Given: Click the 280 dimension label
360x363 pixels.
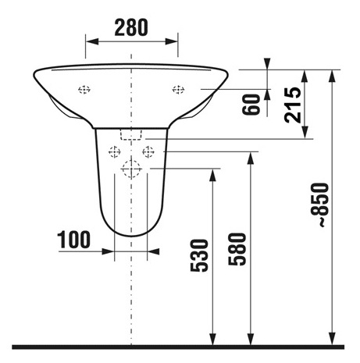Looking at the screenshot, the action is tap(131, 27).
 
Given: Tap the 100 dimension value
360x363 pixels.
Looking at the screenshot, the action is tap(73, 240).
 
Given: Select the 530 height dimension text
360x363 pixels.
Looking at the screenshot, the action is tap(199, 255).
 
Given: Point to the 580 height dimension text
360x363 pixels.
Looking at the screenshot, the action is tap(237, 249).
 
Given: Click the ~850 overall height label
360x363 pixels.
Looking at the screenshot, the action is tap(320, 205).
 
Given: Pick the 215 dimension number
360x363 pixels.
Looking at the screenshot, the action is tap(293, 105).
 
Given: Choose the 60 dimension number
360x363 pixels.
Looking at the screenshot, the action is tap(251, 105).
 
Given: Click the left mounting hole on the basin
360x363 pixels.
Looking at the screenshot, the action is tap(84, 90).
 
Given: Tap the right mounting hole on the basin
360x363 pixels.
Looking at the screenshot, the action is tap(178, 90).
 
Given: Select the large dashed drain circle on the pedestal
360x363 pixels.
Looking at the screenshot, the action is tap(131, 169).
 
